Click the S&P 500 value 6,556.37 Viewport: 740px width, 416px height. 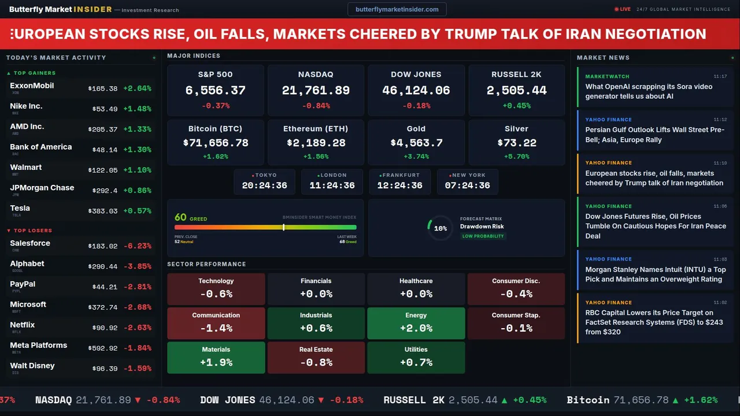(215, 91)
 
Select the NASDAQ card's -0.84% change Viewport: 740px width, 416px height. (316, 106)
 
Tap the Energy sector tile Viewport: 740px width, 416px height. (416, 323)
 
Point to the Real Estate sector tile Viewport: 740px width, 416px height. (316, 357)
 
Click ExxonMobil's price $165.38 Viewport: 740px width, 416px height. (103, 89)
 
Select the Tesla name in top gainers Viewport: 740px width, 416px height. (20, 208)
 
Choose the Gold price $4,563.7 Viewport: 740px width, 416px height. (416, 143)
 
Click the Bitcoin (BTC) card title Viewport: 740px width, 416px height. (215, 129)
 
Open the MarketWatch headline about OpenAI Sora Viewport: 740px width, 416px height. (649, 91)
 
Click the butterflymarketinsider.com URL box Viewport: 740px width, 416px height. (397, 9)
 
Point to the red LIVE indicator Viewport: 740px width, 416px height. (623, 9)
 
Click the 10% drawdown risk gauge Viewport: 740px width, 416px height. (440, 228)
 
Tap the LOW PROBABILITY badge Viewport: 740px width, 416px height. (483, 236)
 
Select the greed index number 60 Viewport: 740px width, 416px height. (180, 217)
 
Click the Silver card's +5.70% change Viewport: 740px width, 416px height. (516, 157)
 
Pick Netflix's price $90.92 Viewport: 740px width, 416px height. (105, 328)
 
